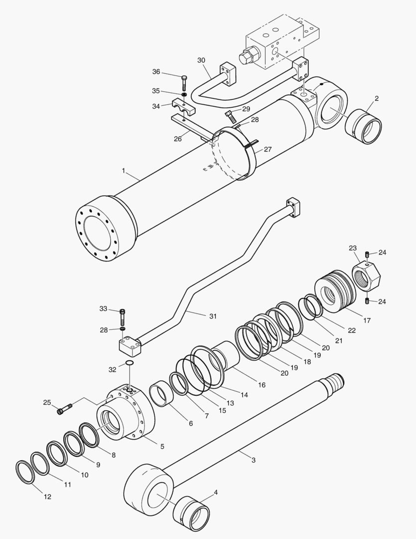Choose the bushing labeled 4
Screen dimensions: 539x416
(191, 514)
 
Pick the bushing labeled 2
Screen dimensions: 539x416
(363, 127)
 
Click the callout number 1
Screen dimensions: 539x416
(123, 171)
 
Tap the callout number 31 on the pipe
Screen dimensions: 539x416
(213, 315)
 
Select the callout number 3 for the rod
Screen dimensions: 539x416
(253, 460)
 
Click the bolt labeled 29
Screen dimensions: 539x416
(231, 117)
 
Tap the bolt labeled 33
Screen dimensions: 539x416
(123, 316)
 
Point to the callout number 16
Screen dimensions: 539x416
(262, 385)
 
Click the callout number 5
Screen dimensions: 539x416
(161, 446)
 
